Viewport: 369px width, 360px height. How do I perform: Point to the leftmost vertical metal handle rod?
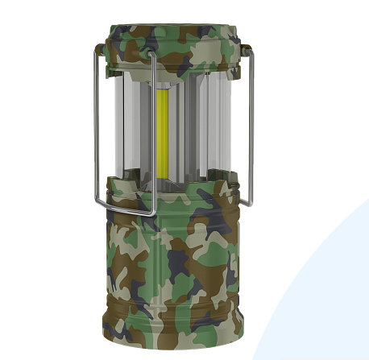coord(96,129)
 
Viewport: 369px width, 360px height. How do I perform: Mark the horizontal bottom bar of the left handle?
coord(125,209)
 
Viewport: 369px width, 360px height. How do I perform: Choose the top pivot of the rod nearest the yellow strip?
coord(151,58)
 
